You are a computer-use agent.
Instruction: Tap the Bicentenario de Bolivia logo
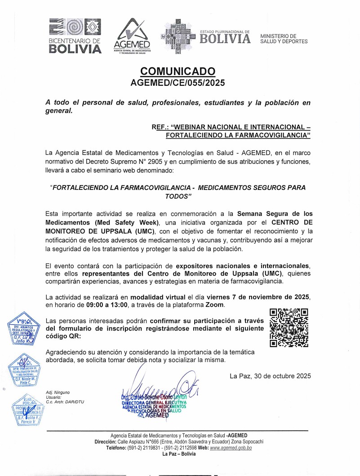(x=75, y=35)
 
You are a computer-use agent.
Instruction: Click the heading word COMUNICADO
(x=178, y=71)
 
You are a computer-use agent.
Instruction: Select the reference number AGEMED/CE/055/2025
(x=178, y=83)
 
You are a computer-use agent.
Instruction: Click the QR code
(x=289, y=328)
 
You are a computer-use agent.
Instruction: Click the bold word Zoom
(x=215, y=305)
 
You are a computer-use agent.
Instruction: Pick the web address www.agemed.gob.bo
(x=231, y=448)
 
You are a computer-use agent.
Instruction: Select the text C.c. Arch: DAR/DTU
(x=65, y=401)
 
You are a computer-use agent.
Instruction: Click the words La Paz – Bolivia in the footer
(x=178, y=454)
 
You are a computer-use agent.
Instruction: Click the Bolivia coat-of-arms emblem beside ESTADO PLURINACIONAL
(x=178, y=36)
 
